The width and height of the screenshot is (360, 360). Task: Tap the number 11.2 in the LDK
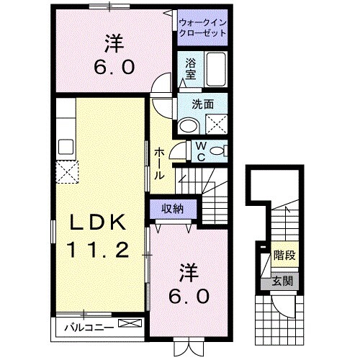[x=99, y=250]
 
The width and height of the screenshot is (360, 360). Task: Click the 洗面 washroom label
[x=202, y=104]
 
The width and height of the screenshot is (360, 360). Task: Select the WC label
[x=202, y=151]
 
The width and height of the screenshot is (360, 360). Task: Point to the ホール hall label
[x=158, y=163]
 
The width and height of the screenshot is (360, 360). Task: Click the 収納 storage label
[x=171, y=209]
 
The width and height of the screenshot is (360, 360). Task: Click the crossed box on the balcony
[x=129, y=325]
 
